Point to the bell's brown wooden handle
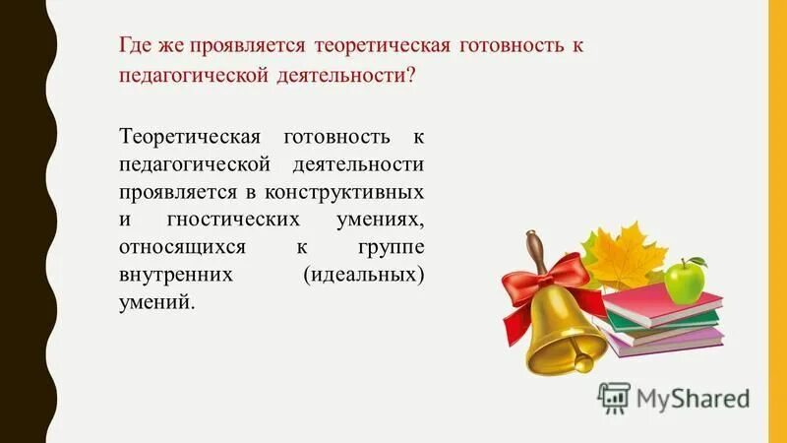[535, 246]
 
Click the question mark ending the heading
[410, 78]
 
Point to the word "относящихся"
[176, 245]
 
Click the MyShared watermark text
[693, 398]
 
